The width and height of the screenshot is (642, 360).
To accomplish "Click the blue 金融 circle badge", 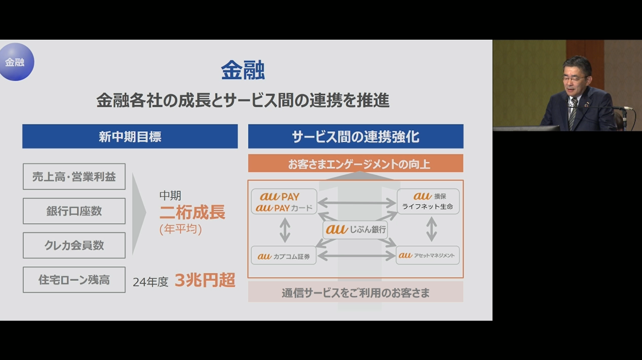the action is click(16, 62).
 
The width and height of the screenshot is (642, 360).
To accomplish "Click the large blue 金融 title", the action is click(243, 70).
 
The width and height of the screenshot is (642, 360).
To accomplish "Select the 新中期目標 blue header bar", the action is click(130, 136).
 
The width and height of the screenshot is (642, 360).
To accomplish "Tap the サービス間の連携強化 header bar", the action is click(356, 136).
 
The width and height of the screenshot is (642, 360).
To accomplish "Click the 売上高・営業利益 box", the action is click(74, 176).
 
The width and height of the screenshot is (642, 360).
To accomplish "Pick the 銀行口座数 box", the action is click(74, 211).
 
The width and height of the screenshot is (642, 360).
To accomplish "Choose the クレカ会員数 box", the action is click(74, 245).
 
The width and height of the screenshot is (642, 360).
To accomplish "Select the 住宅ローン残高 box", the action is click(74, 280).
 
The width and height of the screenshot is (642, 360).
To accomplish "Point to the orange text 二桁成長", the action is click(192, 212).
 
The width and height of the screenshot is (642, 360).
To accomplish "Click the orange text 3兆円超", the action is click(205, 280).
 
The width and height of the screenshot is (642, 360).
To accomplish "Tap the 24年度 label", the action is click(151, 282).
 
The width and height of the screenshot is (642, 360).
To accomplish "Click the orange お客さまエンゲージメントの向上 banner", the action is click(356, 164).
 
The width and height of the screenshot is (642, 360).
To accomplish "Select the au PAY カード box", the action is click(284, 202).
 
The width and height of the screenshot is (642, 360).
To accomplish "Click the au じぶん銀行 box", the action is click(355, 230).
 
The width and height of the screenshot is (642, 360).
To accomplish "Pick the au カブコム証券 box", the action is click(284, 256).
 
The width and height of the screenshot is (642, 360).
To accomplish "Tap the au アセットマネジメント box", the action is click(427, 255).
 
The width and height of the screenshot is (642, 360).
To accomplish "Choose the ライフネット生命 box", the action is click(428, 202).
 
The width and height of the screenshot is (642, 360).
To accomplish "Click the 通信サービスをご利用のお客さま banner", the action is click(356, 292).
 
